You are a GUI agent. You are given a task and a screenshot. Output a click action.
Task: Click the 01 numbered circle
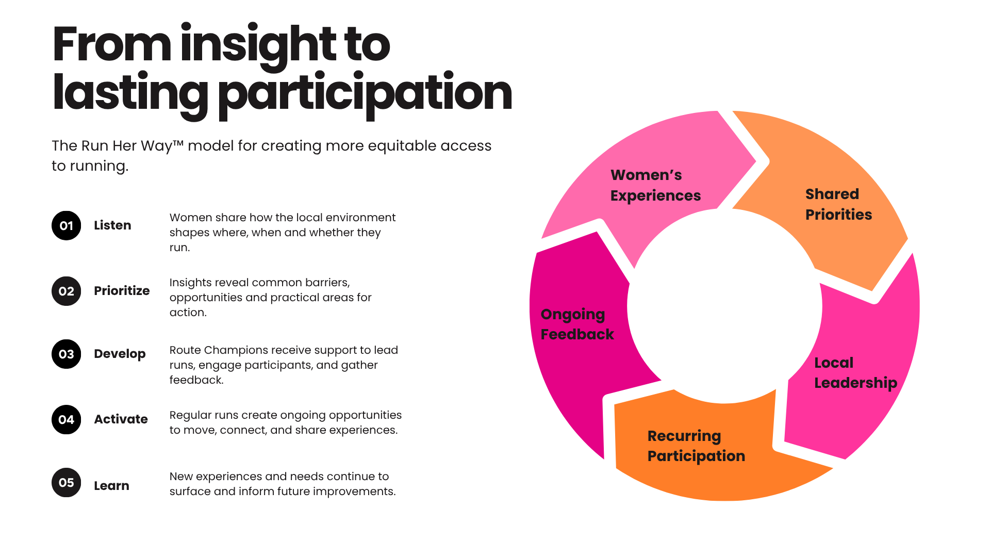66,225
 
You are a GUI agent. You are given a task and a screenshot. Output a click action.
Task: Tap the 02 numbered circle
66,291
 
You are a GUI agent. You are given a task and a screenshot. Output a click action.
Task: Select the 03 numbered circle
66,354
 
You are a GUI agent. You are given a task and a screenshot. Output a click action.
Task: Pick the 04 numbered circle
66,419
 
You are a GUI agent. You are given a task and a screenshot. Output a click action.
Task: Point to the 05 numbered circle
66,482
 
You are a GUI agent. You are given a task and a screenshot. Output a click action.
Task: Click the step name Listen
112,225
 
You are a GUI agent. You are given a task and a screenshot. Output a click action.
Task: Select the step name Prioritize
122,291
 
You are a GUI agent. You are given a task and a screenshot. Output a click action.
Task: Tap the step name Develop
120,354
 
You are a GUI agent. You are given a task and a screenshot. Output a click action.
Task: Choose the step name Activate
121,419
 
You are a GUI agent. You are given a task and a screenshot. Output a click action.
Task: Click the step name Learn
111,486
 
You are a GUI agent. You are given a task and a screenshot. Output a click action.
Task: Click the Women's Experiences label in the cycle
655,185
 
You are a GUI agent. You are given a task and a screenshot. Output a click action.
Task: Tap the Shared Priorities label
838,204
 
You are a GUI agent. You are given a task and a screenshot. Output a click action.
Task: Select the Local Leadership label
855,372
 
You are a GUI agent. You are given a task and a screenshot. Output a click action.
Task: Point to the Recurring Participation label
696,446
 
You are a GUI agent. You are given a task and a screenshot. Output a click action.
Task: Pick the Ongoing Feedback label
577,324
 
